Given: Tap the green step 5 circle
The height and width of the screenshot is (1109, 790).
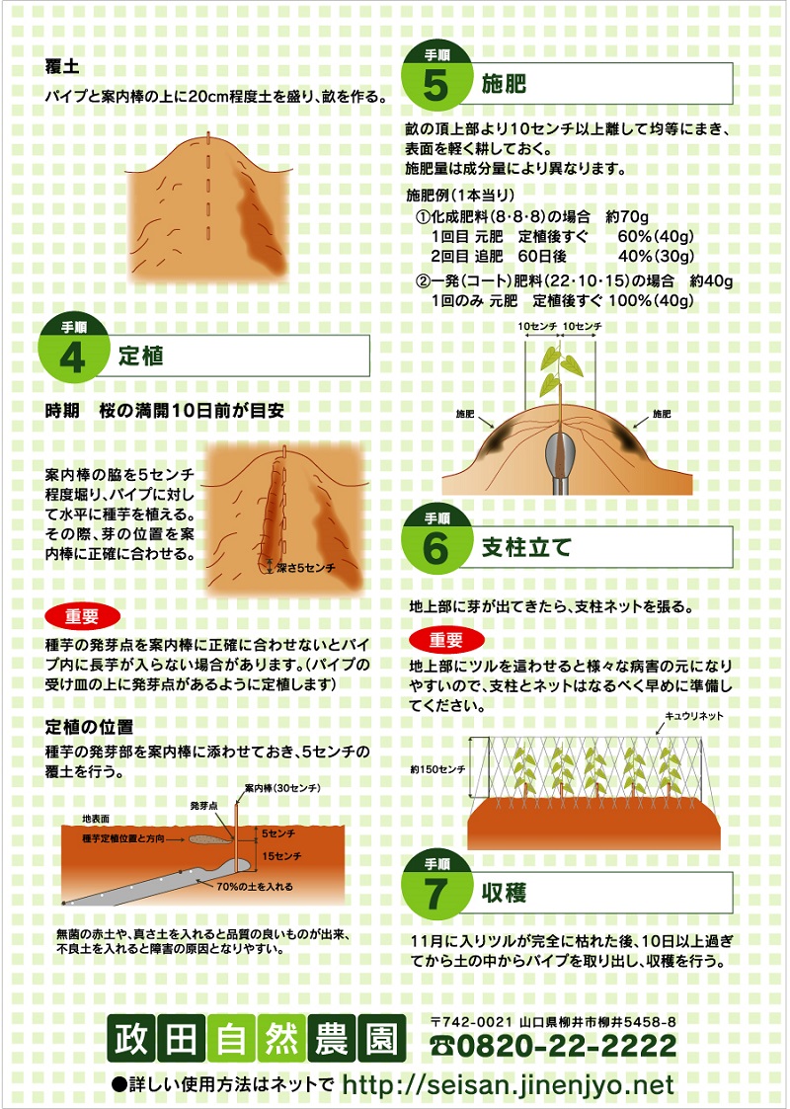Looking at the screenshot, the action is click(x=436, y=83).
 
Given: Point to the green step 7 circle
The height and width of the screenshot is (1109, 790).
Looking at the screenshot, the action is click(x=436, y=891).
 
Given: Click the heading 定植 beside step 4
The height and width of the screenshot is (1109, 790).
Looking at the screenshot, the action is click(x=141, y=356).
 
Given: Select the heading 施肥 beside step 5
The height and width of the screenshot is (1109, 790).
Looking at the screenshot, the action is click(x=505, y=84).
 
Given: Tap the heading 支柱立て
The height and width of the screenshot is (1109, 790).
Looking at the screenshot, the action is click(x=526, y=547).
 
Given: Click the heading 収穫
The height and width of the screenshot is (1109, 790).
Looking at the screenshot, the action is click(x=505, y=893).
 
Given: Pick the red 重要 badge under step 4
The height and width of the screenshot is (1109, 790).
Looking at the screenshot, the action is click(x=82, y=616).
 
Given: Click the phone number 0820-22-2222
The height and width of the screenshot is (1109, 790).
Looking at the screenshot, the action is click(x=555, y=1045).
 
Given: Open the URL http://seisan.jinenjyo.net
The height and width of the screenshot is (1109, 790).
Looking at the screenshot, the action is click(x=508, y=1084).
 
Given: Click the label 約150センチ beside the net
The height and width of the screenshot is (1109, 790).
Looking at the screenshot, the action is click(x=437, y=769).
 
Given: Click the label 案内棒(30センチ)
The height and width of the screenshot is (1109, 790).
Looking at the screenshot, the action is click(x=282, y=787).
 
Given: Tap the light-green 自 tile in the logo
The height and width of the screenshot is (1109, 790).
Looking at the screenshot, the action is click(x=231, y=1039).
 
